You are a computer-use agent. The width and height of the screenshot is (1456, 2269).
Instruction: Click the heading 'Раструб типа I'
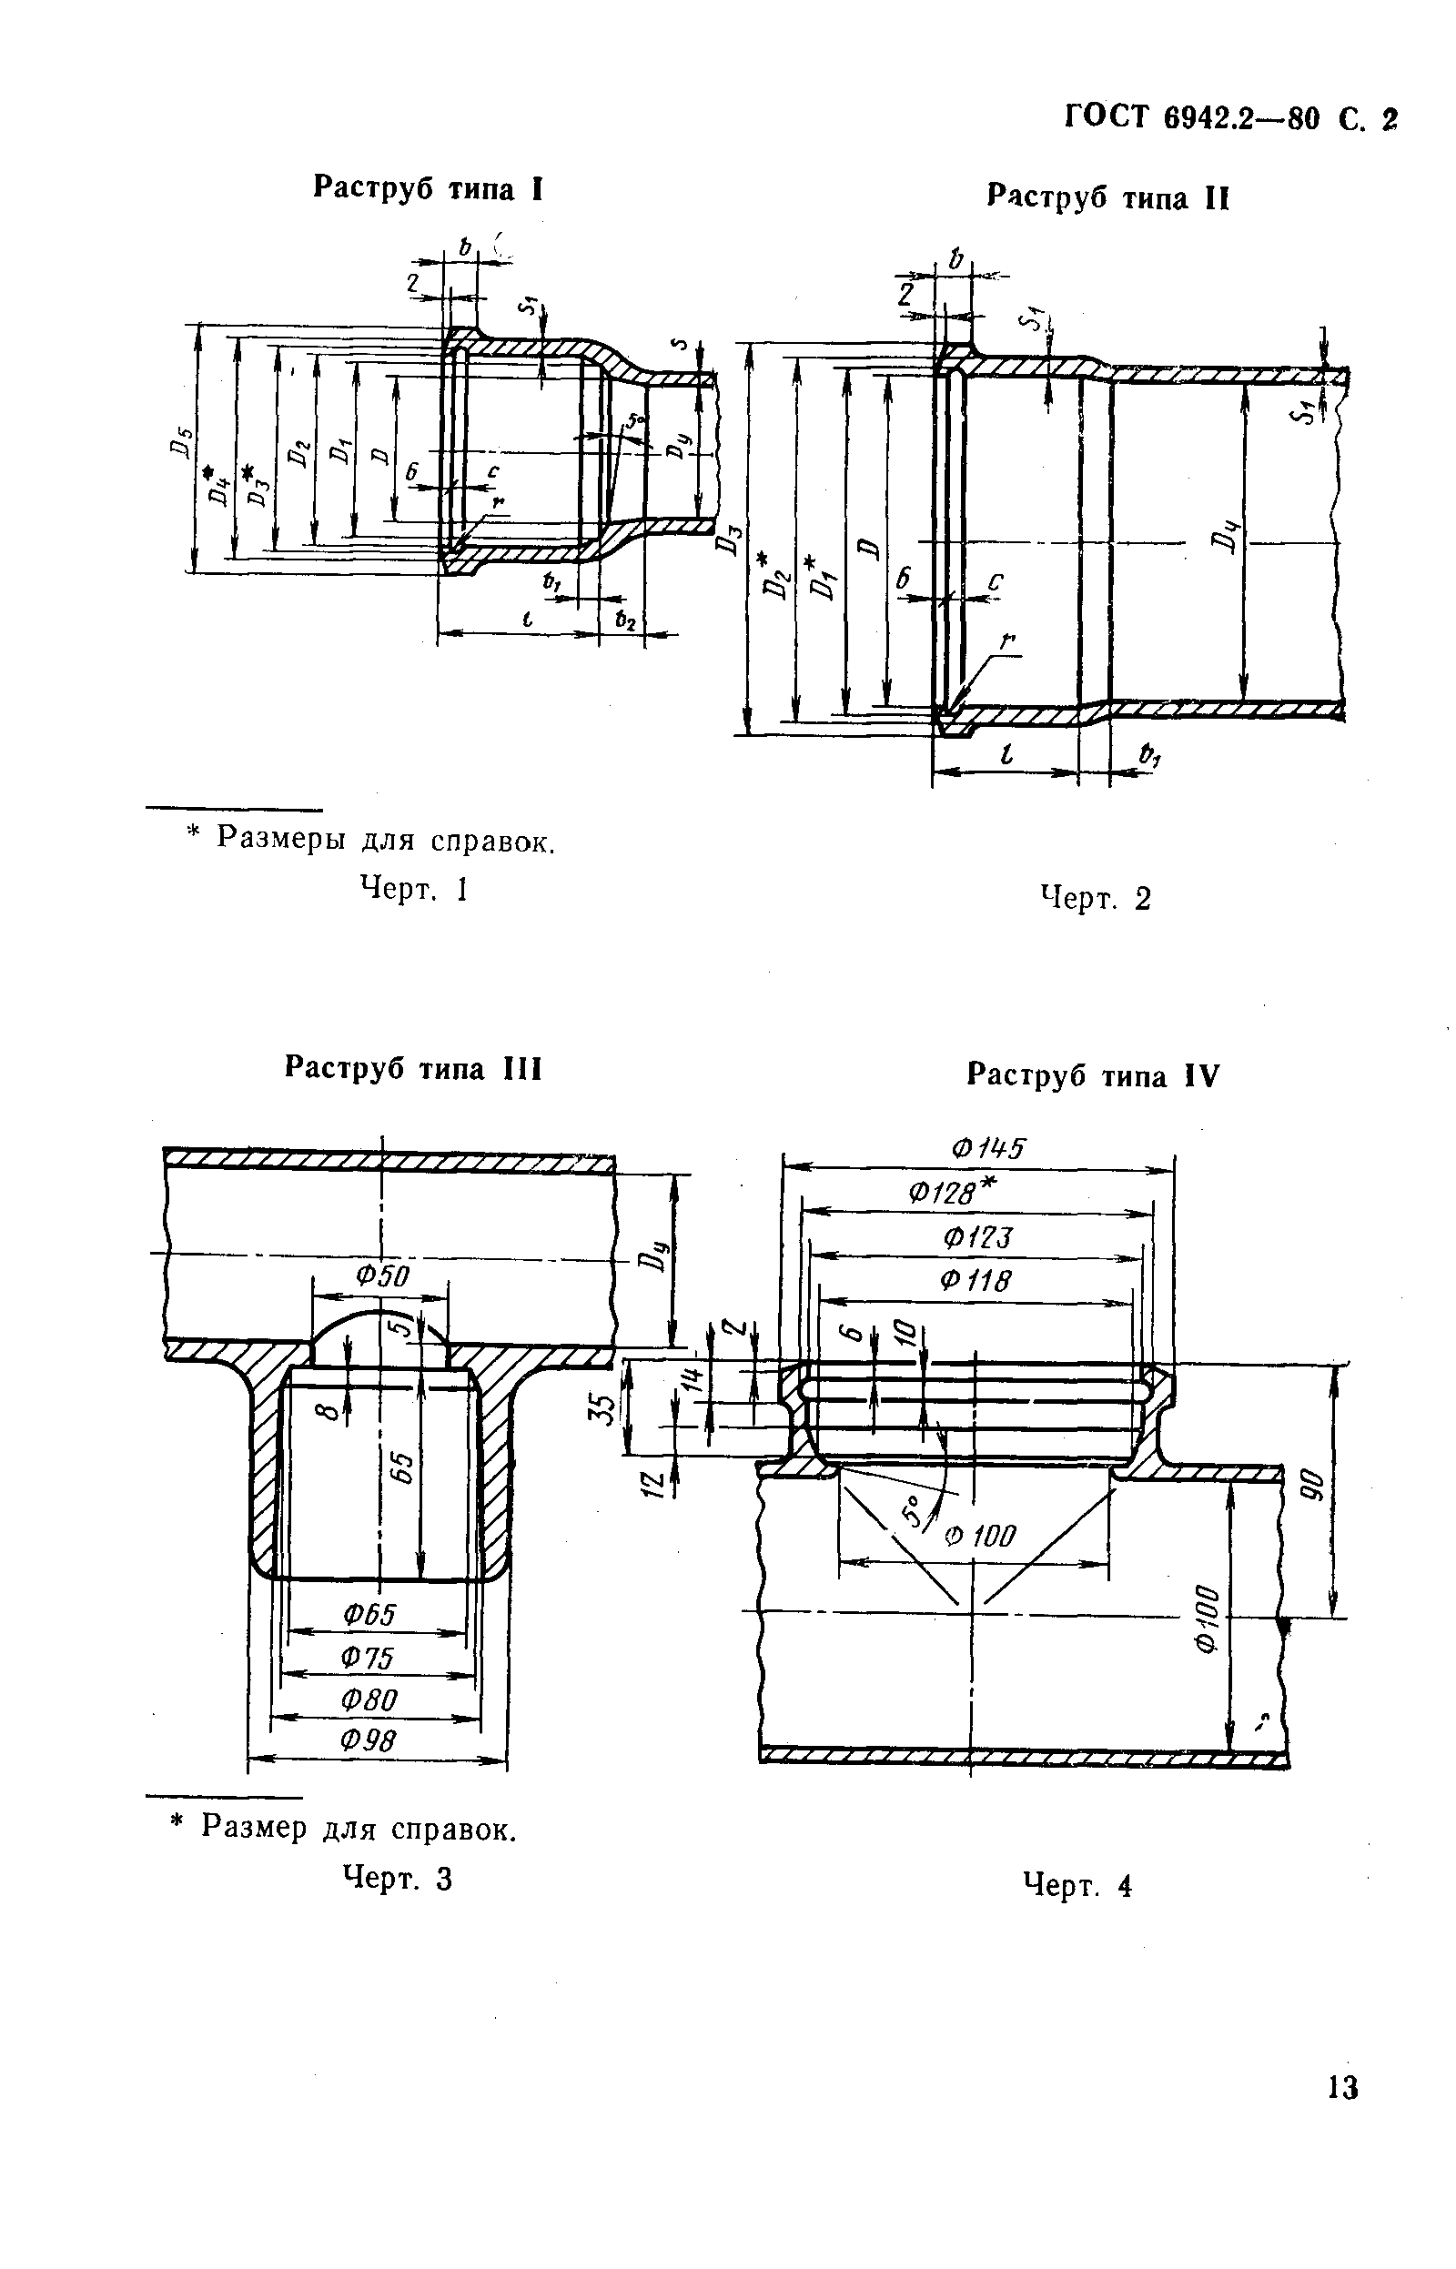(x=428, y=189)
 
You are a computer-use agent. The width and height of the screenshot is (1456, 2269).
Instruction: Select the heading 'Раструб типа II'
(x=1107, y=197)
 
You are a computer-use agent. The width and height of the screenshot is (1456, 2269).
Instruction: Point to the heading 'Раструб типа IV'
(x=1093, y=1075)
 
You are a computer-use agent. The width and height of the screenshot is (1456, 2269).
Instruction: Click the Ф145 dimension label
(x=987, y=1149)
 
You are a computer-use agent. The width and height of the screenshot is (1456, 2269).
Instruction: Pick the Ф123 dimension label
(x=977, y=1237)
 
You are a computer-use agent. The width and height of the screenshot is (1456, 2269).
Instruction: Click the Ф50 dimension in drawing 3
(x=382, y=1276)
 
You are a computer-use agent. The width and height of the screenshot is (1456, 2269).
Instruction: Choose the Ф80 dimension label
(x=369, y=1699)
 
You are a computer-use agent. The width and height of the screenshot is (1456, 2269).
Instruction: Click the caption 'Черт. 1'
(x=414, y=889)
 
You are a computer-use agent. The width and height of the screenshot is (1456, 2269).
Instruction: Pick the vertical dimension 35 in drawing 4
(x=605, y=1408)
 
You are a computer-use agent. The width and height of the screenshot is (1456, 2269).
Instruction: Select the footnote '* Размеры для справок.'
(x=369, y=839)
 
